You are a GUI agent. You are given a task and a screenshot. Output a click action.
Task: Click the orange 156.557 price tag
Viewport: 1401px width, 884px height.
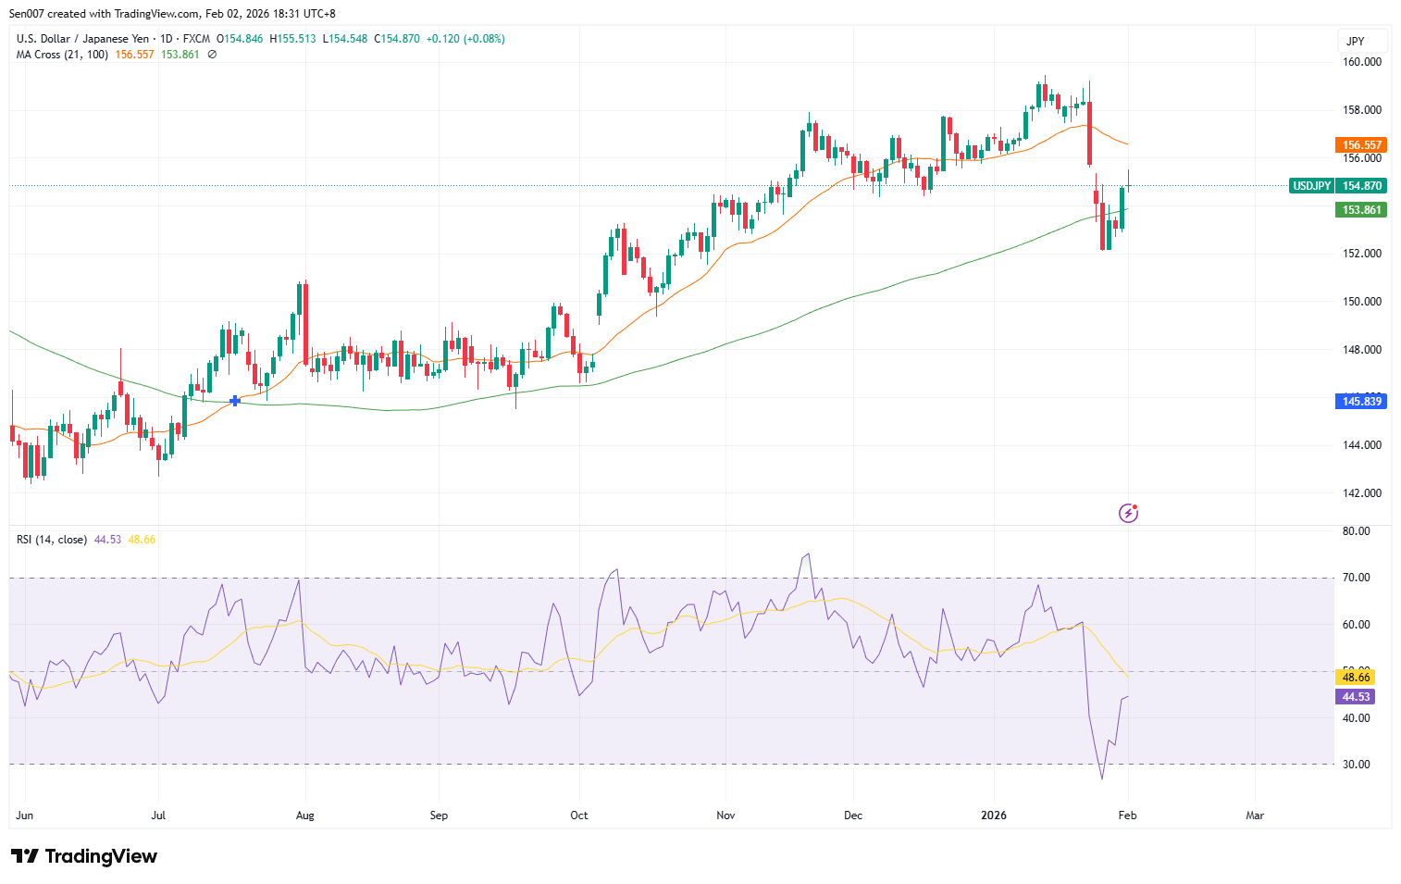point(1362,144)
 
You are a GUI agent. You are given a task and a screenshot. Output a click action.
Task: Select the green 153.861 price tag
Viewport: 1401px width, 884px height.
point(1362,210)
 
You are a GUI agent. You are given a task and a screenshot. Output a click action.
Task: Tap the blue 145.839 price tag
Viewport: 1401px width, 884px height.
point(1362,402)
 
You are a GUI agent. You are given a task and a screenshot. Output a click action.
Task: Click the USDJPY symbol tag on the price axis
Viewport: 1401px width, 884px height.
point(1311,186)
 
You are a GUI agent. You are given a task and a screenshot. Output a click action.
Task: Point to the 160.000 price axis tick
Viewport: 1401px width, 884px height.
point(1362,62)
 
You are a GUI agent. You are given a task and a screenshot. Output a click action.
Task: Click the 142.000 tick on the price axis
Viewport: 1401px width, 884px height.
point(1362,493)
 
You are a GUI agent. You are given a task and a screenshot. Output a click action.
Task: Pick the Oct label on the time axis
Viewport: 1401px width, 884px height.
point(579,816)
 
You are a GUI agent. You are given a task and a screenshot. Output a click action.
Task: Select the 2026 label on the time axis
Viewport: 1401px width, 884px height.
point(994,816)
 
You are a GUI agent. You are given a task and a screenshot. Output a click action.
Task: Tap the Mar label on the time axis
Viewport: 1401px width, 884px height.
point(1255,816)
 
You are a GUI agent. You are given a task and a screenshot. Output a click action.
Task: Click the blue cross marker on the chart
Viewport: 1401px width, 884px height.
point(235,401)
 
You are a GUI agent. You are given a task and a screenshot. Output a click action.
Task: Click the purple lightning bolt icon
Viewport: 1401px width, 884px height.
point(1128,513)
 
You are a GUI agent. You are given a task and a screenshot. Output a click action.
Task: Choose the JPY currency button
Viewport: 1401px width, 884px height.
point(1356,41)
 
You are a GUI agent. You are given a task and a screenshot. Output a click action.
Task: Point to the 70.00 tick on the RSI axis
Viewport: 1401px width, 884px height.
point(1357,578)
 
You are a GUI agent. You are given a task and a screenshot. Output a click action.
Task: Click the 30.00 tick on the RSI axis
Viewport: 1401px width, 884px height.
point(1357,765)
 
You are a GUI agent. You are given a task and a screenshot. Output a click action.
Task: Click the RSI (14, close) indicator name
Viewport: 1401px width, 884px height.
point(52,540)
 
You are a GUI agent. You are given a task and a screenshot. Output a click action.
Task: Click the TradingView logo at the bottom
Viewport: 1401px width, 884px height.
point(84,856)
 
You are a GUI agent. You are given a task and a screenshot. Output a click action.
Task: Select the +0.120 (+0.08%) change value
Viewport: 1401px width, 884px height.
point(465,39)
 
